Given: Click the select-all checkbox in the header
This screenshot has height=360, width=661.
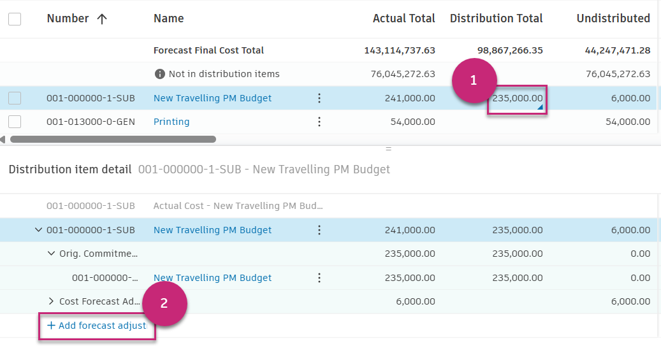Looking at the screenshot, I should (15, 19).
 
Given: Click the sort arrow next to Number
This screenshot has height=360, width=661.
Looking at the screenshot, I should (101, 19).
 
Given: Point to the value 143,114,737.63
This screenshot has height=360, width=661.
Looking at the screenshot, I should (400, 50).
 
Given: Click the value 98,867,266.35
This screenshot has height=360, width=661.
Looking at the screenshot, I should (510, 50).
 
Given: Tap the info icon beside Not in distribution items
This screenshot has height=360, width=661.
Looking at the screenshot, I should (160, 74).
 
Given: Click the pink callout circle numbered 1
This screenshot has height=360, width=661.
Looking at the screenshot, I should (474, 81).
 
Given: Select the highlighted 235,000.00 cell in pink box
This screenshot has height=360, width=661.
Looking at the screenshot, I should (517, 99).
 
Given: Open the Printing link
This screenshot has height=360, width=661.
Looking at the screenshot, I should (171, 122).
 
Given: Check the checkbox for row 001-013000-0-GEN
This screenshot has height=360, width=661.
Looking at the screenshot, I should (15, 122).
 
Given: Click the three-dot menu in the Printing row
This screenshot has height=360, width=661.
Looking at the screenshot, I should (319, 122).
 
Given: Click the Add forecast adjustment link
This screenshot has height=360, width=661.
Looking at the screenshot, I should (97, 326).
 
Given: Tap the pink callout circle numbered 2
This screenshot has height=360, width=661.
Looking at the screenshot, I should (164, 303).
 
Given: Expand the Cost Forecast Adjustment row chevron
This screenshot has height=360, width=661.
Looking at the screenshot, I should (52, 301).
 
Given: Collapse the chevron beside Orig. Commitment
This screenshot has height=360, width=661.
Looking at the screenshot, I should (52, 254).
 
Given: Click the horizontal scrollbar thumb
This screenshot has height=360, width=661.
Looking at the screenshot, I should (113, 139).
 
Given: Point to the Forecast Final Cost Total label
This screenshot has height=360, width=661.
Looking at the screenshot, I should (208, 50).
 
